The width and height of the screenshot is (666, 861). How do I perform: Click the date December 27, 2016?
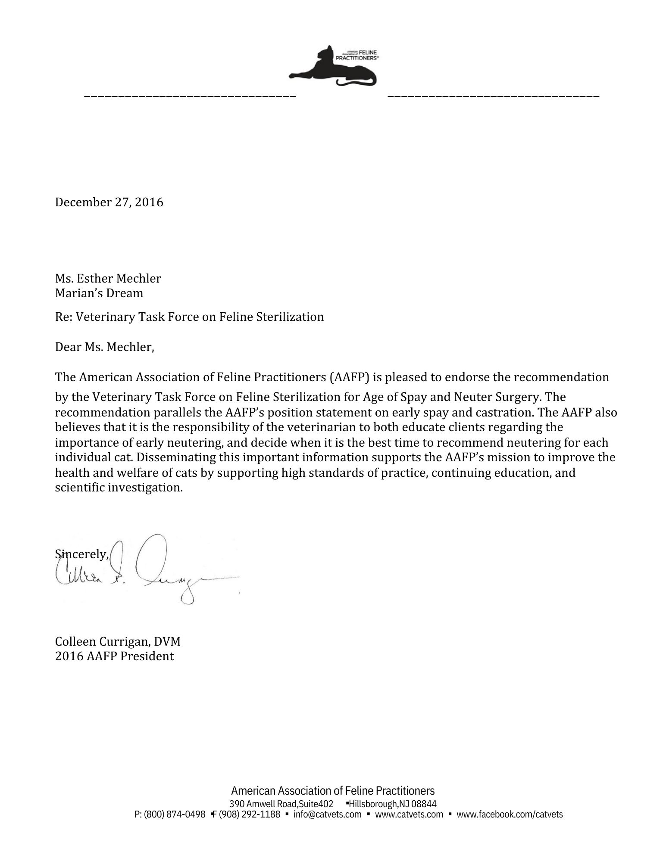pyautogui.click(x=109, y=202)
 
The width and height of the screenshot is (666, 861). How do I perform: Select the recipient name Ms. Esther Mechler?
pyautogui.click(x=108, y=278)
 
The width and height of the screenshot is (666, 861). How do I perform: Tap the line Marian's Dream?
pyautogui.click(x=99, y=293)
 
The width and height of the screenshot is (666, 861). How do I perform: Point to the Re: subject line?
pyautogui.click(x=189, y=317)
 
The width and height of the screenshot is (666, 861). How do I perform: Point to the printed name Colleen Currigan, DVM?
pyautogui.click(x=118, y=641)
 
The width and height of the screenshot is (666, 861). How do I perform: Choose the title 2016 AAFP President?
pyautogui.click(x=114, y=656)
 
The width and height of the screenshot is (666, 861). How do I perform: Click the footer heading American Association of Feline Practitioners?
pyautogui.click(x=333, y=791)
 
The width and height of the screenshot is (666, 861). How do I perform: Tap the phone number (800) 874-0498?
pyautogui.click(x=175, y=814)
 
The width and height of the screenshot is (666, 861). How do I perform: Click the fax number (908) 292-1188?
pyautogui.click(x=249, y=814)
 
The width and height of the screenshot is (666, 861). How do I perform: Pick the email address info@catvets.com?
pyautogui.click(x=327, y=814)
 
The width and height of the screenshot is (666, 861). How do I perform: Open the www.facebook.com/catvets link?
pyautogui.click(x=510, y=814)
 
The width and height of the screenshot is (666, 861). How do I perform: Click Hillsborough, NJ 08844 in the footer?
pyautogui.click(x=393, y=804)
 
